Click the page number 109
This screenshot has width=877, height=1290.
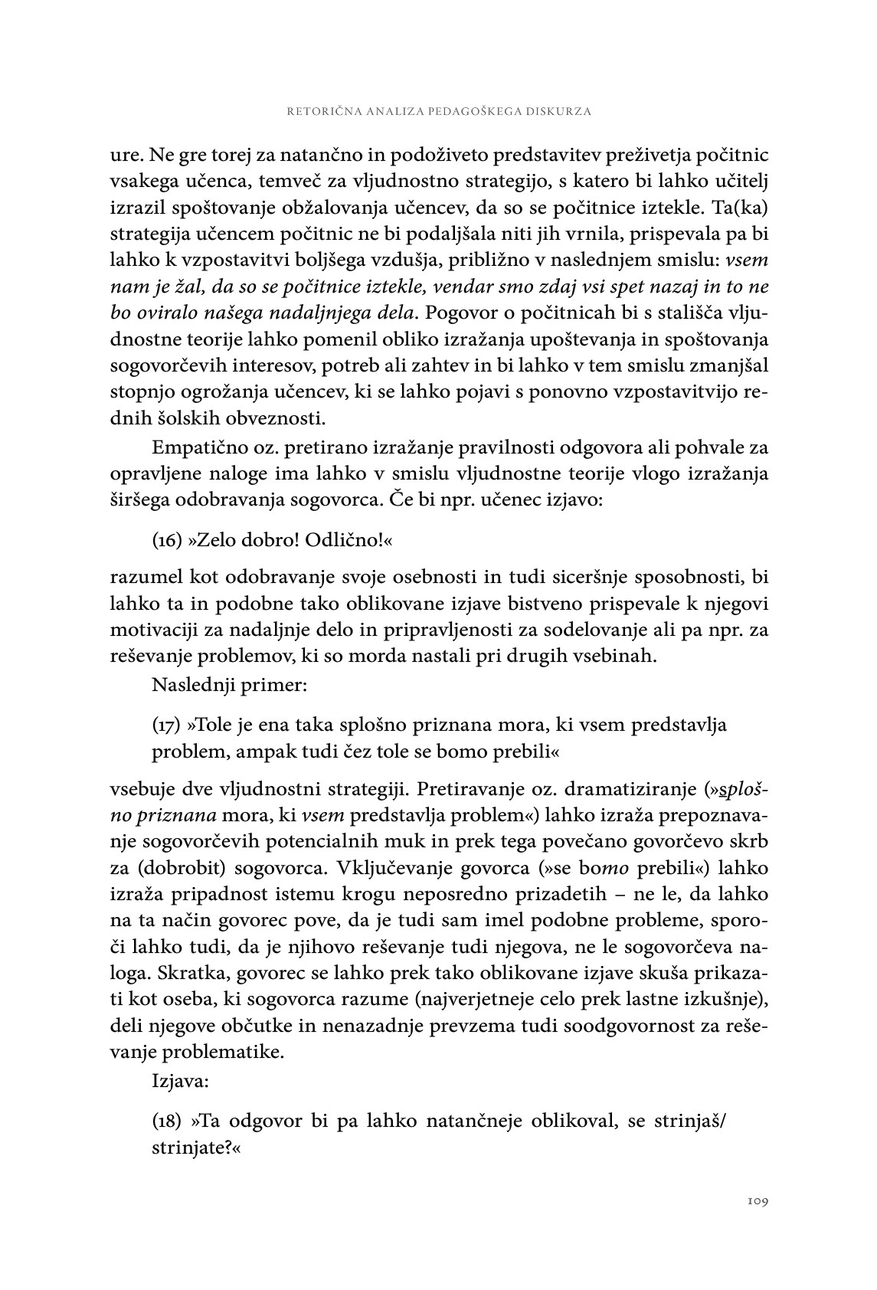pyautogui.click(x=757, y=1200)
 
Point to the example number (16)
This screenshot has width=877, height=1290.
pyautogui.click(x=166, y=542)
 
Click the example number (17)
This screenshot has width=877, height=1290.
pyautogui.click(x=166, y=725)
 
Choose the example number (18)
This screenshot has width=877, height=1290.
pyautogui.click(x=166, y=1121)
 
